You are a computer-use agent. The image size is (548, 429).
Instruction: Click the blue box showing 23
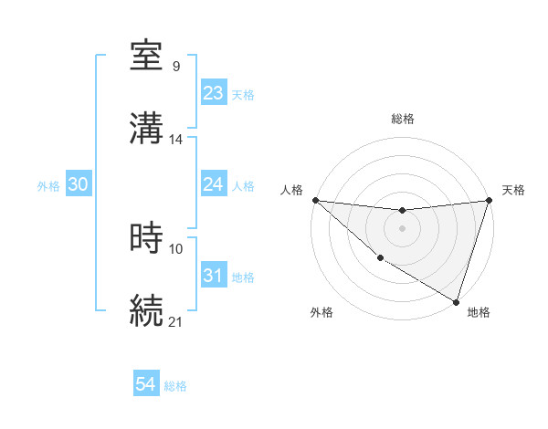[214, 93]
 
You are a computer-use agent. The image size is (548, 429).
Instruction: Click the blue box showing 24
[214, 184]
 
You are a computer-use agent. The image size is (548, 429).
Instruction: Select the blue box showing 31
[214, 275]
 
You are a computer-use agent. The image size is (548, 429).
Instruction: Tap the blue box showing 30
[79, 184]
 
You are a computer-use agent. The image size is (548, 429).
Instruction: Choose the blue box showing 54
[146, 384]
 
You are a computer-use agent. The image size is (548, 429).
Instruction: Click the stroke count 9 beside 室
[176, 67]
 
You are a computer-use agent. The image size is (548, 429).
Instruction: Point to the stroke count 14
[176, 140]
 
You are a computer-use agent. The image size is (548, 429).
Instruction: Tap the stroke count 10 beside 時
[176, 248]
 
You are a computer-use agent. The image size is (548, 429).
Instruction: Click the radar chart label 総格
[403, 119]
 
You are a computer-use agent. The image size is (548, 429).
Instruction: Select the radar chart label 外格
[321, 312]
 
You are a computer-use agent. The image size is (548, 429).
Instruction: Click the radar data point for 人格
[315, 200]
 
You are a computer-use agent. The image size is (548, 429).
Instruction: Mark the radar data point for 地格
[456, 300]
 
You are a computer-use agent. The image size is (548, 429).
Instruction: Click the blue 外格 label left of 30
[48, 185]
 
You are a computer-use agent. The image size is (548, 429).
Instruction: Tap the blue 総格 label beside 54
[175, 386]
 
